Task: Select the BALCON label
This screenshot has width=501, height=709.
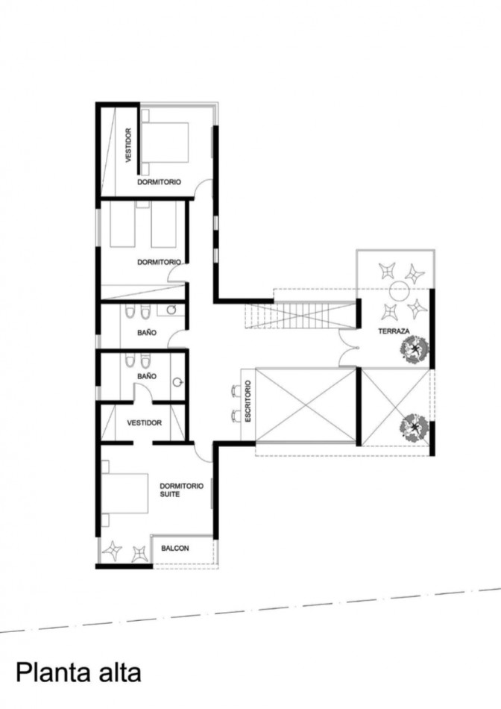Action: click(174, 549)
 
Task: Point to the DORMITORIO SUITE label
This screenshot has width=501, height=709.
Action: click(181, 490)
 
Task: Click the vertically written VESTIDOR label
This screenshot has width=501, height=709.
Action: click(128, 145)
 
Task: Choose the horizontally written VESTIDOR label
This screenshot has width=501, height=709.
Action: click(144, 422)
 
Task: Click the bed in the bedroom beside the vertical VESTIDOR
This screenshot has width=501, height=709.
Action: click(166, 142)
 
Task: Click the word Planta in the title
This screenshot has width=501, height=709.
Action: click(49, 672)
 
